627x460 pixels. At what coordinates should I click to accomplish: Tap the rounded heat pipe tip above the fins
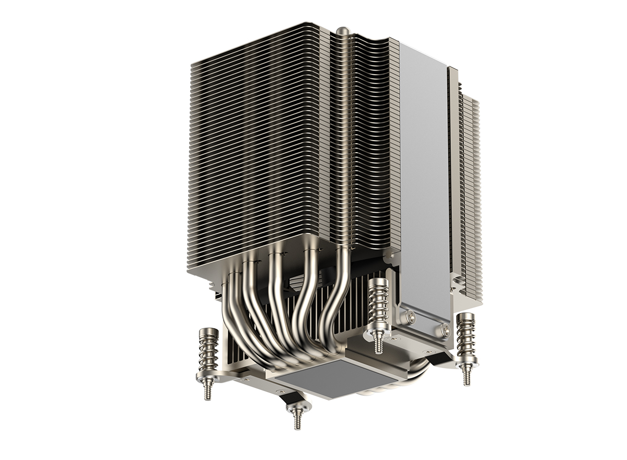tap(343, 31)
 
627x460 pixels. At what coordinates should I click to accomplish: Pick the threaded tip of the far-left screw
tap(208, 390)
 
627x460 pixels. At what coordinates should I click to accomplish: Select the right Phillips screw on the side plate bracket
tap(445, 329)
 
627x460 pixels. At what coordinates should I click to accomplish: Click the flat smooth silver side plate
tap(423, 172)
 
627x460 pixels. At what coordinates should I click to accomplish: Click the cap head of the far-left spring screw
tap(209, 332)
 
